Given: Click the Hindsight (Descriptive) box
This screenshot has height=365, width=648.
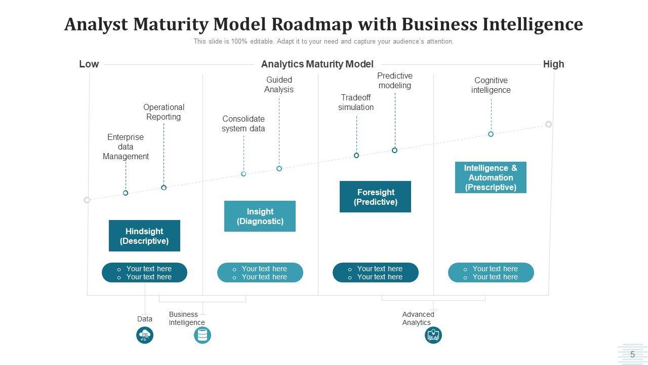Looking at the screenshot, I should tap(144, 236).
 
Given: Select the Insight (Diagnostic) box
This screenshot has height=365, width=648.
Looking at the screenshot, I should tap(260, 216).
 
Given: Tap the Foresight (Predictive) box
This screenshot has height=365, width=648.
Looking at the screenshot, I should tap(375, 197).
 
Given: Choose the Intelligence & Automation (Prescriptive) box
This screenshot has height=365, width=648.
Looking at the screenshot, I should tap(491, 177).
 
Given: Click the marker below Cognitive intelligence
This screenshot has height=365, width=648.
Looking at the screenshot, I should tap(491, 134).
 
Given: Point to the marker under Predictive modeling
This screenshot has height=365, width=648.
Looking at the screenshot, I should tap(394, 150).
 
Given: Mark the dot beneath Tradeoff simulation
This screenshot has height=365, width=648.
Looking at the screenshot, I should tap(356, 155).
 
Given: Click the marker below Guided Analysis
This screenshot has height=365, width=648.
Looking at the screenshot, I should tap(279, 168).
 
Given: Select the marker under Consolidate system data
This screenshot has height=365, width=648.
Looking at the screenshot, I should tap(244, 173).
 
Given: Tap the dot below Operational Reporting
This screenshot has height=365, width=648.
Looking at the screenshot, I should tap(164, 188).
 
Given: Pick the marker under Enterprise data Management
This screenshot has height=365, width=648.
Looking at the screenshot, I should tap(126, 193).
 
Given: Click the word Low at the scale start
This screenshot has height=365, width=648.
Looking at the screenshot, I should tap(89, 64).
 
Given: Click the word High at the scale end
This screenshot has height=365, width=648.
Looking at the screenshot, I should tap(553, 64).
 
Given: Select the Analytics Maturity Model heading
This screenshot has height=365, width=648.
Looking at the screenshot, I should tap(317, 64).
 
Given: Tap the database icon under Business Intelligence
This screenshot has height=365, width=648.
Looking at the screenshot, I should tap(202, 335).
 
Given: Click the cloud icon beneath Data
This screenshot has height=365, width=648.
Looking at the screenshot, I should tap(145, 335).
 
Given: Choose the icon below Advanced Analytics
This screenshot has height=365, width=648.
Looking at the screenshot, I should tap(433, 335).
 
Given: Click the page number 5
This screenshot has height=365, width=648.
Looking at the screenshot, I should tap(632, 355).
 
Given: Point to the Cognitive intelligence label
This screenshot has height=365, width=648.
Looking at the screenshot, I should tap(491, 85).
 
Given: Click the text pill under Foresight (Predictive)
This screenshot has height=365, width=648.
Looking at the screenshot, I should tap(375, 273).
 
